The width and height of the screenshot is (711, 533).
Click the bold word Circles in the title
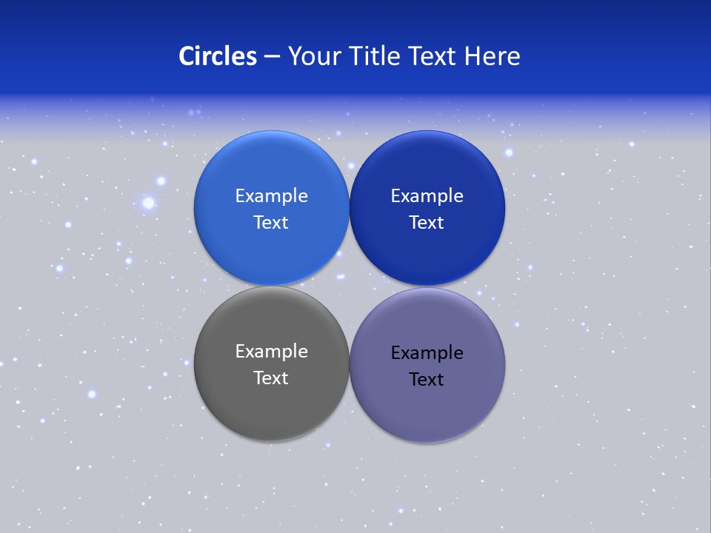pos(218,56)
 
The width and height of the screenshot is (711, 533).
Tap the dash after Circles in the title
pos(272,57)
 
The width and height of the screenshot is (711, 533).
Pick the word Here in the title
pos(493,56)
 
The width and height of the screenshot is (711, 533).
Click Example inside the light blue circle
pos(271,196)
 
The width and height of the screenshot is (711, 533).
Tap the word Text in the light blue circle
pos(271,223)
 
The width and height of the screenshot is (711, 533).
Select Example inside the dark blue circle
pos(427,196)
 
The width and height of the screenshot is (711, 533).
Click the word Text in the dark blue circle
pos(427,223)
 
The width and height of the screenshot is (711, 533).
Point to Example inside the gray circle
pos(271,352)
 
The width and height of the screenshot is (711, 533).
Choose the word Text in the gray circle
pos(271,378)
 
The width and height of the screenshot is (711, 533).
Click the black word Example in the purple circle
pos(427,353)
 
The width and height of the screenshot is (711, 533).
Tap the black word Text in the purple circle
pos(427,380)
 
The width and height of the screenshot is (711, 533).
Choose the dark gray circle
pos(271,411)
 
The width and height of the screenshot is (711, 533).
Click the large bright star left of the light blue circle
pos(148,202)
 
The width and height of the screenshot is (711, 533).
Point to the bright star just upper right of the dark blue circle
pos(509,152)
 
